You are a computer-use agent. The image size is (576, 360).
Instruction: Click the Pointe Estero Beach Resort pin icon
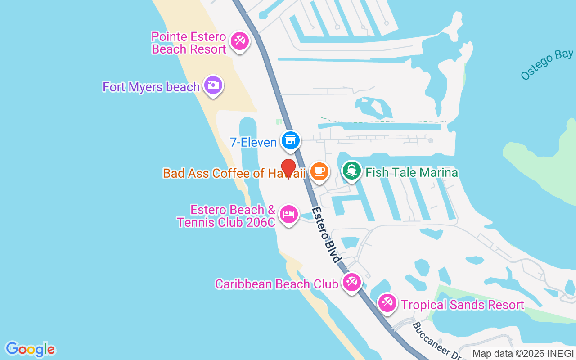[239, 41]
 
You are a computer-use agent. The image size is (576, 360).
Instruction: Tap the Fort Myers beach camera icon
[213, 85]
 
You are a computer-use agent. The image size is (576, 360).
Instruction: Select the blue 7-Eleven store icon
[291, 140]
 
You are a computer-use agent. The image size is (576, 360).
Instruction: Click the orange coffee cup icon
[319, 171]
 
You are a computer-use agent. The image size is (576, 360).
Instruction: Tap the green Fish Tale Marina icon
[352, 171]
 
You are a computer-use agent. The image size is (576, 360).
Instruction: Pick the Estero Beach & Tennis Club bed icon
[288, 214]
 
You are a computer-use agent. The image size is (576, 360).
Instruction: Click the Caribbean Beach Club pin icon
[351, 283]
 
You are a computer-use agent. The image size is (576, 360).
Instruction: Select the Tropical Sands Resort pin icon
[387, 303]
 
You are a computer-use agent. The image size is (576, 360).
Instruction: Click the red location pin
[288, 168]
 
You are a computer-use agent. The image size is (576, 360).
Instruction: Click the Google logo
[30, 349]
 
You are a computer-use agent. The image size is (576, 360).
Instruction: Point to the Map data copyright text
[523, 354]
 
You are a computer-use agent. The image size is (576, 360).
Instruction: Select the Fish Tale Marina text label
[412, 172]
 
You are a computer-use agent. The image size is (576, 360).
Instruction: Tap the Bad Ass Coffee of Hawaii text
[234, 173]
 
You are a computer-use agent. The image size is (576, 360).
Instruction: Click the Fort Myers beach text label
[151, 87]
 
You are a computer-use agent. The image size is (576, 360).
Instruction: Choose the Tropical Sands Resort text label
[463, 305]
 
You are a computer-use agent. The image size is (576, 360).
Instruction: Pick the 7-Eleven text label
[253, 143]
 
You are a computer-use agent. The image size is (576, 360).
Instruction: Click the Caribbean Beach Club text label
[276, 284]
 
